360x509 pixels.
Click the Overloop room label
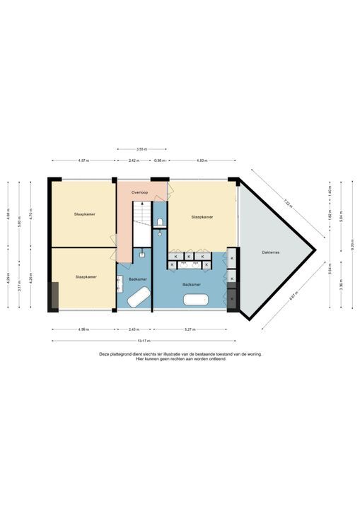pos(139,192)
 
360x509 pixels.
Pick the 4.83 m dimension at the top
pos(202,160)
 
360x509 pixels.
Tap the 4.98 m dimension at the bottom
pos(83,329)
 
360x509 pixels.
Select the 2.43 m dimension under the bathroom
pos(134,329)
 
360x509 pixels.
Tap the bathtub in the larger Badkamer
pos(195,300)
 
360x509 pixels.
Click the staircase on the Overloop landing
pos(143,212)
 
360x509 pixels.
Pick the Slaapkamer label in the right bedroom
pos(202,218)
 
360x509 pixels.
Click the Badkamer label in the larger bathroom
pos(191,284)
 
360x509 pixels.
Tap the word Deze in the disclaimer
pos(105,354)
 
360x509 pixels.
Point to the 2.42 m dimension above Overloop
pos(133,160)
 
